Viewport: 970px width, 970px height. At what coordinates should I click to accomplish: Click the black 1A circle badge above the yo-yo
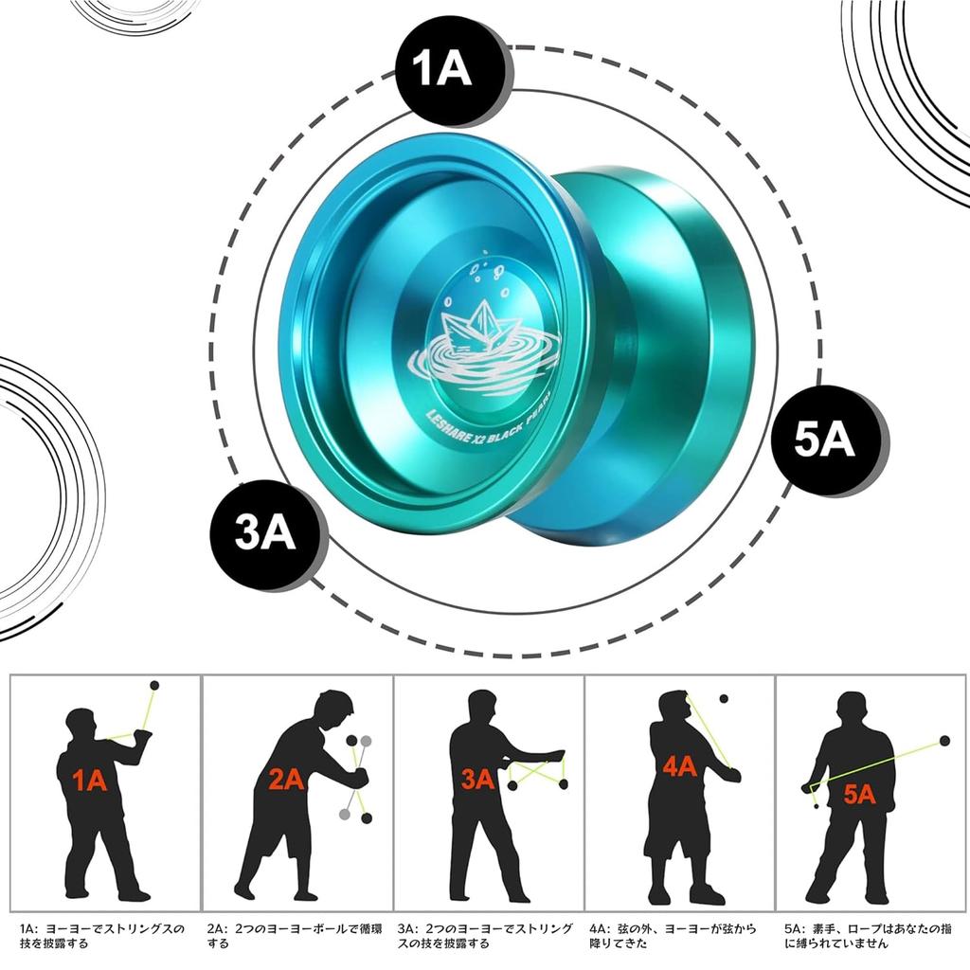point(442,72)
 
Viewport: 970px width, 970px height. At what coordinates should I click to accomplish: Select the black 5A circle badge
point(824,441)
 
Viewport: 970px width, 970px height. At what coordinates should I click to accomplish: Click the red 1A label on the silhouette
point(89,781)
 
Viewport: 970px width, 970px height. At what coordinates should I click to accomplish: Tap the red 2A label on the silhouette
point(286,779)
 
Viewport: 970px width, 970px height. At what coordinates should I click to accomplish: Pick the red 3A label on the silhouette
point(479,780)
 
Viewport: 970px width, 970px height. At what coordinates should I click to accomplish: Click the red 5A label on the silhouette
point(859,794)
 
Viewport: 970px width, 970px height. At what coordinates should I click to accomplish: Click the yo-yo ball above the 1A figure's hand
point(154,685)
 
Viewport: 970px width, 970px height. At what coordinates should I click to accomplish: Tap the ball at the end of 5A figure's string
point(943,741)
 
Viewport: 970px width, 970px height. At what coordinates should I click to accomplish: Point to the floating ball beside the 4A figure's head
point(725,700)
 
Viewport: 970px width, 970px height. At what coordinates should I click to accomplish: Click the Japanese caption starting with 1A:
point(101,936)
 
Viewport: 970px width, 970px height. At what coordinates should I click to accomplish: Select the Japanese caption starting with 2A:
point(295,936)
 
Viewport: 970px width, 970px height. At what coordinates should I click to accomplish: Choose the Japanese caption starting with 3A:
point(484,936)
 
